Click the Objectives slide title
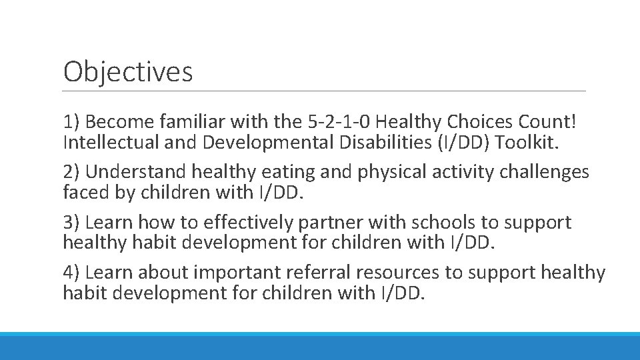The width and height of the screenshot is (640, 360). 128,71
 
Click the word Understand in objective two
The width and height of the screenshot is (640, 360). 136,172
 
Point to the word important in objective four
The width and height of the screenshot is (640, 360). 233,272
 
